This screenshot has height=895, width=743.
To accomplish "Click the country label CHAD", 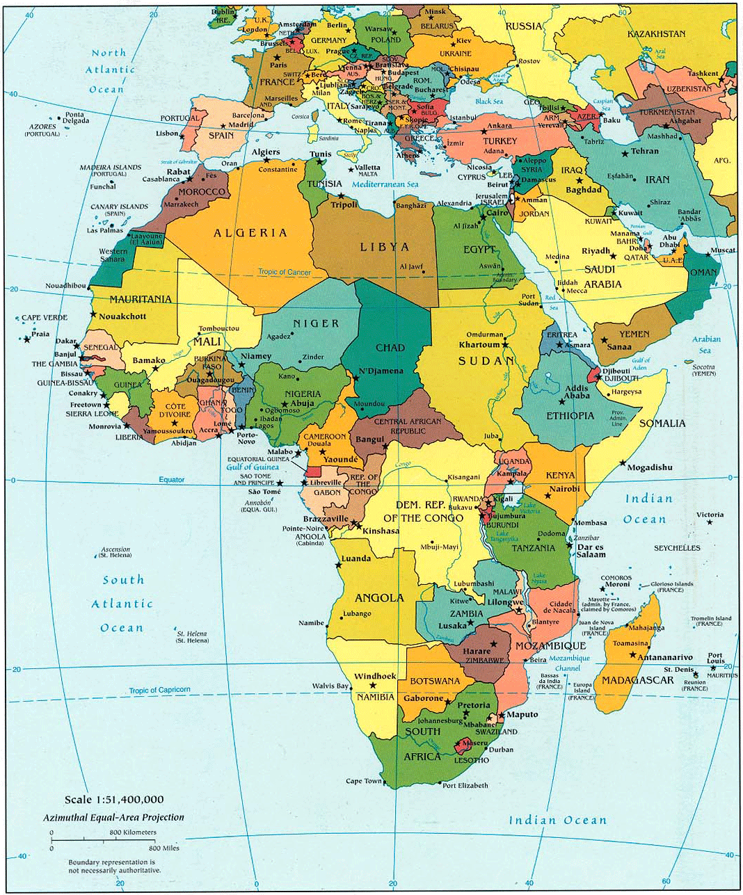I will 390,348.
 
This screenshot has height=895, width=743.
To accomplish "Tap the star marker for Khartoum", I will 505,345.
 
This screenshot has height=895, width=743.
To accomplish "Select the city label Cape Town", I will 364,781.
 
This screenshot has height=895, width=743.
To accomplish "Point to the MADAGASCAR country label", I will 637,680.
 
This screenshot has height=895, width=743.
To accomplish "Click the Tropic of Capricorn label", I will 159,690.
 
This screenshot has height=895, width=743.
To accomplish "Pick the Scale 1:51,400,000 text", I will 114,800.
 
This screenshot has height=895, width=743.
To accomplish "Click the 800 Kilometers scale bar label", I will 132,832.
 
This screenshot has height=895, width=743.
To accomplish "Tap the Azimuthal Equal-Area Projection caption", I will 113,817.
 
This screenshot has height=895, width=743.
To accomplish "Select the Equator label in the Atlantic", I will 172,480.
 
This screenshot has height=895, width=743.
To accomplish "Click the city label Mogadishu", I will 650,467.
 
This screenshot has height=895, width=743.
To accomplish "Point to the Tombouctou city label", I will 218,328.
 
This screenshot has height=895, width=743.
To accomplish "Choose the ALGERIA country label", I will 250,233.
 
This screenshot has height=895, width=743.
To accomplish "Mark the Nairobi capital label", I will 564,489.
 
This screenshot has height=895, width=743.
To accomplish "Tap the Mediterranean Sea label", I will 385,184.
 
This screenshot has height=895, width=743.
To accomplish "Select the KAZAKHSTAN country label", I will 656,34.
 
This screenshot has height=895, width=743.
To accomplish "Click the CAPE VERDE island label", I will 45,318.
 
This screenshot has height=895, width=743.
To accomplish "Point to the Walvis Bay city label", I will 330,686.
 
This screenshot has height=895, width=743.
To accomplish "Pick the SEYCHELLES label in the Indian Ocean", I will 677,548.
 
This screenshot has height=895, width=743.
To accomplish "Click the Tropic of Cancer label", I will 285,272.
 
